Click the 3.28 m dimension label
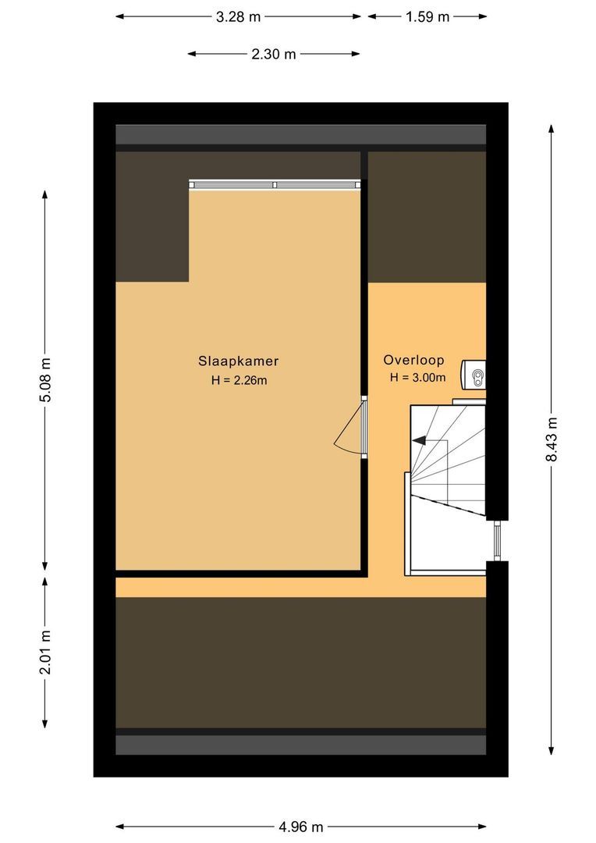[x=238, y=16]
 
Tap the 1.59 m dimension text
[x=427, y=16]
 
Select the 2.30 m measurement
[x=274, y=54]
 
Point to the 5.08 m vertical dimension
[x=46, y=379]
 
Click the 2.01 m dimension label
[x=46, y=652]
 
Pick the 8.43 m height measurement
[x=552, y=439]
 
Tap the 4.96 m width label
[x=301, y=827]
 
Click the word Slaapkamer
[x=238, y=361]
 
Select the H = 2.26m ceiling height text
[x=239, y=380]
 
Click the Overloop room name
[x=413, y=360]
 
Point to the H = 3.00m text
[x=417, y=378]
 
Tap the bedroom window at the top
[x=275, y=184]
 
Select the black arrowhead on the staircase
[x=419, y=440]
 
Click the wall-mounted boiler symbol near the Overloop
[x=474, y=374]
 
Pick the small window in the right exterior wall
[x=497, y=540]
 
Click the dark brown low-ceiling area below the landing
[x=301, y=663]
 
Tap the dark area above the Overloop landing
[x=427, y=217]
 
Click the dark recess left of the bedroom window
[x=152, y=217]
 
